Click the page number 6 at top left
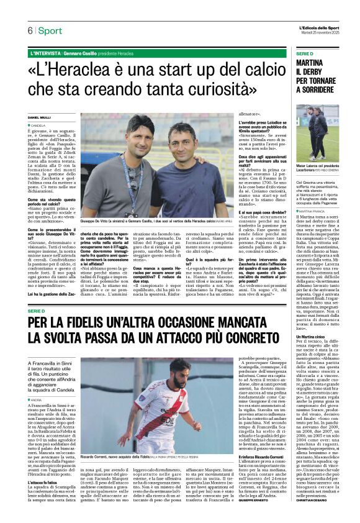29,30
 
